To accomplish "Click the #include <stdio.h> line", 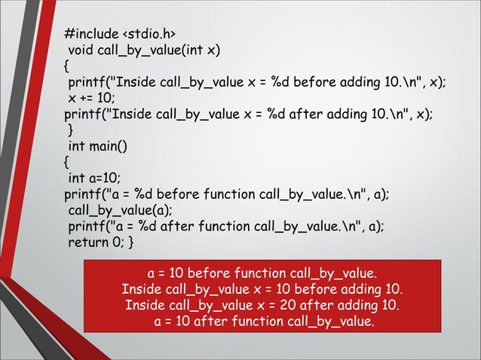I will (121, 35).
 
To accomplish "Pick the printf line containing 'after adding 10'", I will (249, 114).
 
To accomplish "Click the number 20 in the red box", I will (279, 306).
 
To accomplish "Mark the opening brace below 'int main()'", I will (67, 161).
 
